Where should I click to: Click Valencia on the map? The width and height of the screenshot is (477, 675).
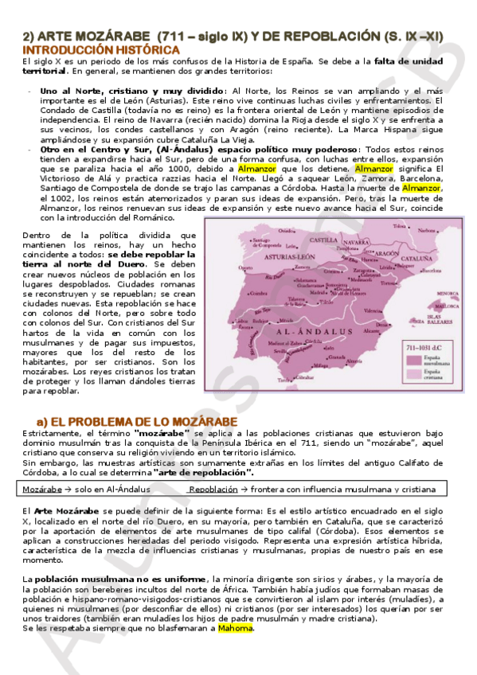[373, 310]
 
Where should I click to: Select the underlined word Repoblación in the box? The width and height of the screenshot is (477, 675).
[215, 489]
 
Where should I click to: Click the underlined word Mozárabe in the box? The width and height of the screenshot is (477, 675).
[43, 489]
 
